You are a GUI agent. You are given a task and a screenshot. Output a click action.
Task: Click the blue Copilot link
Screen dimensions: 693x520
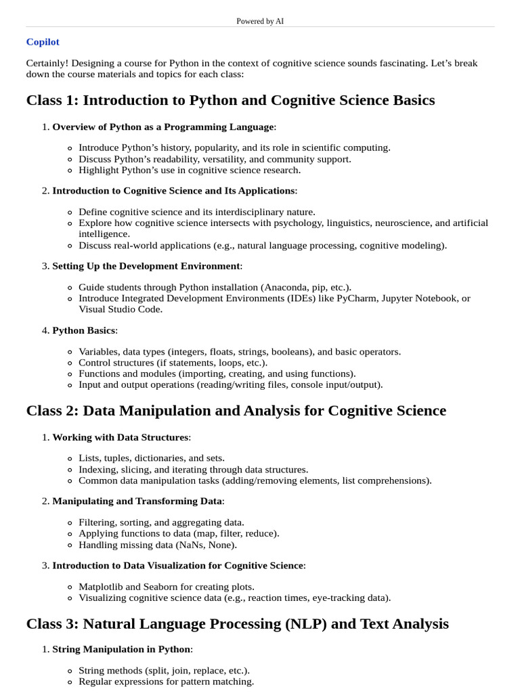43,42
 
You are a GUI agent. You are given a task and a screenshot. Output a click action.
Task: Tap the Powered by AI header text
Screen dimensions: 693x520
260,21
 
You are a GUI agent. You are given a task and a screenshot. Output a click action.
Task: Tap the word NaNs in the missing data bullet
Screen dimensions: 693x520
190,545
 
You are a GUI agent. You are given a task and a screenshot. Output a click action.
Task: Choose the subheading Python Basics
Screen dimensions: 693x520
84,330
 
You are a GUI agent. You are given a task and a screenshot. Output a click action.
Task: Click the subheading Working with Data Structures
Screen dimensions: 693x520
120,437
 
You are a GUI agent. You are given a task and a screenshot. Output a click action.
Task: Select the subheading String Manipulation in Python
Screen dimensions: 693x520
121,649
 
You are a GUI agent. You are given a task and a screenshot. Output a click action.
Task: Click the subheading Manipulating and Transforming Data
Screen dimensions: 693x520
137,501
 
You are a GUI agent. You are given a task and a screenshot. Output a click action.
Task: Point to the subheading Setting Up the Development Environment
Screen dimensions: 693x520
146,266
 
